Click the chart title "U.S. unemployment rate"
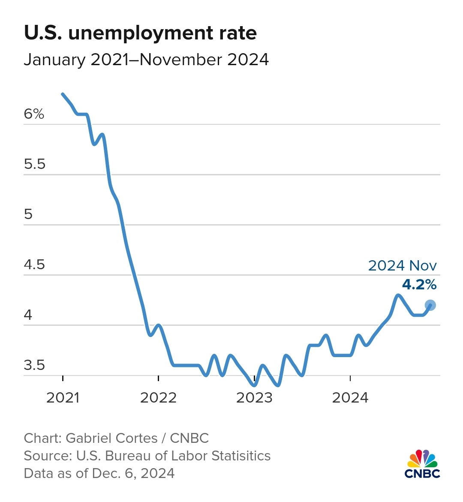point(140,33)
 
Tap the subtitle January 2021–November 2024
point(146,60)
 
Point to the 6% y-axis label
point(34,114)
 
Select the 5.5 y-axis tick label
point(35,164)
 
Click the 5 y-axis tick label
point(28,214)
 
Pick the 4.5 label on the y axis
point(35,265)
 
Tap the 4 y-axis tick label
point(28,315)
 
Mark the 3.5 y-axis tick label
point(35,365)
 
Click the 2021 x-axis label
point(63,398)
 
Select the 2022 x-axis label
point(159,398)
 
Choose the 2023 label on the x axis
point(254,398)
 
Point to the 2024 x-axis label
point(350,398)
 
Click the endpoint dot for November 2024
point(430,305)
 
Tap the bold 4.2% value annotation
point(419,284)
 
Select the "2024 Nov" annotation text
point(402,266)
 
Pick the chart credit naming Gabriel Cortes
point(116,438)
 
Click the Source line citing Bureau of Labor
point(147,456)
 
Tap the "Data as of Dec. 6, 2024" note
point(99,473)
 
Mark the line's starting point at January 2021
point(63,94)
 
